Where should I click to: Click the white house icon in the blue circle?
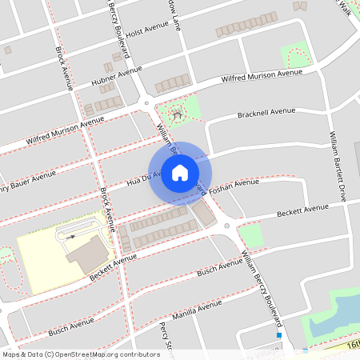pyautogui.click(x=180, y=173)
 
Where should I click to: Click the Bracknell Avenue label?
pyautogui.click(x=266, y=113)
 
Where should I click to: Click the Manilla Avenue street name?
pyautogui.click(x=198, y=310)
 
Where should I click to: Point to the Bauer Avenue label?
pyautogui.click(x=29, y=181)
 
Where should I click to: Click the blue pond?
pyautogui.click(x=340, y=313)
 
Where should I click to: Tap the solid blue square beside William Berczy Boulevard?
pyautogui.click(x=279, y=335)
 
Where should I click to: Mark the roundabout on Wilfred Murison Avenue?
pyautogui.click(x=146, y=103)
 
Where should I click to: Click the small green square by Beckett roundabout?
pyautogui.click(x=250, y=234)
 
